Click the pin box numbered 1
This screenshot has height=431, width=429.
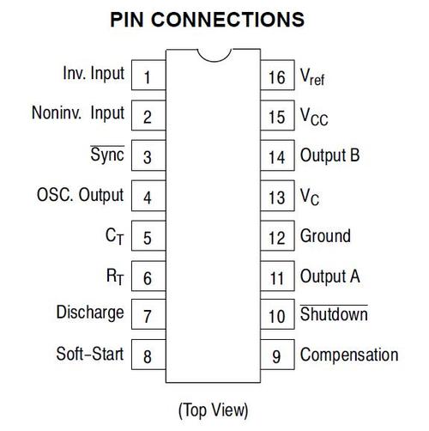[x=148, y=75]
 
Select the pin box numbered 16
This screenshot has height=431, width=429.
[x=277, y=75]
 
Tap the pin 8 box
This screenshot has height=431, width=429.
[x=148, y=355]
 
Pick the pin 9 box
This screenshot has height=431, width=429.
[x=277, y=355]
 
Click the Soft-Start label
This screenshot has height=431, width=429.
[x=90, y=354]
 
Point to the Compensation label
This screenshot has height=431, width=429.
[x=349, y=355]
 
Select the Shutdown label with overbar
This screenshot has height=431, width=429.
[x=334, y=313]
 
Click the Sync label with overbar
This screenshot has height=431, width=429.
[x=107, y=155]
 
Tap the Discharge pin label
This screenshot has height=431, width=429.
[x=90, y=313]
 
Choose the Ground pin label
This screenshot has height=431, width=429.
[x=325, y=235]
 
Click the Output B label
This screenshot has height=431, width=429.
[x=329, y=155]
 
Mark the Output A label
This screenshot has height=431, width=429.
[x=330, y=276]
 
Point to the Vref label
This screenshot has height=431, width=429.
[x=312, y=76]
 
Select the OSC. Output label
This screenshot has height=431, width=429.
[x=81, y=195]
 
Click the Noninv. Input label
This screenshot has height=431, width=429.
[x=78, y=113]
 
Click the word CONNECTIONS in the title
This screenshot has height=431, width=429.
[x=227, y=20]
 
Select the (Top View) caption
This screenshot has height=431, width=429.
[x=214, y=410]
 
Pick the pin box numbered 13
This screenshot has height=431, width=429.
[x=277, y=196]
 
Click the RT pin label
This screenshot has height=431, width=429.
[x=115, y=276]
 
